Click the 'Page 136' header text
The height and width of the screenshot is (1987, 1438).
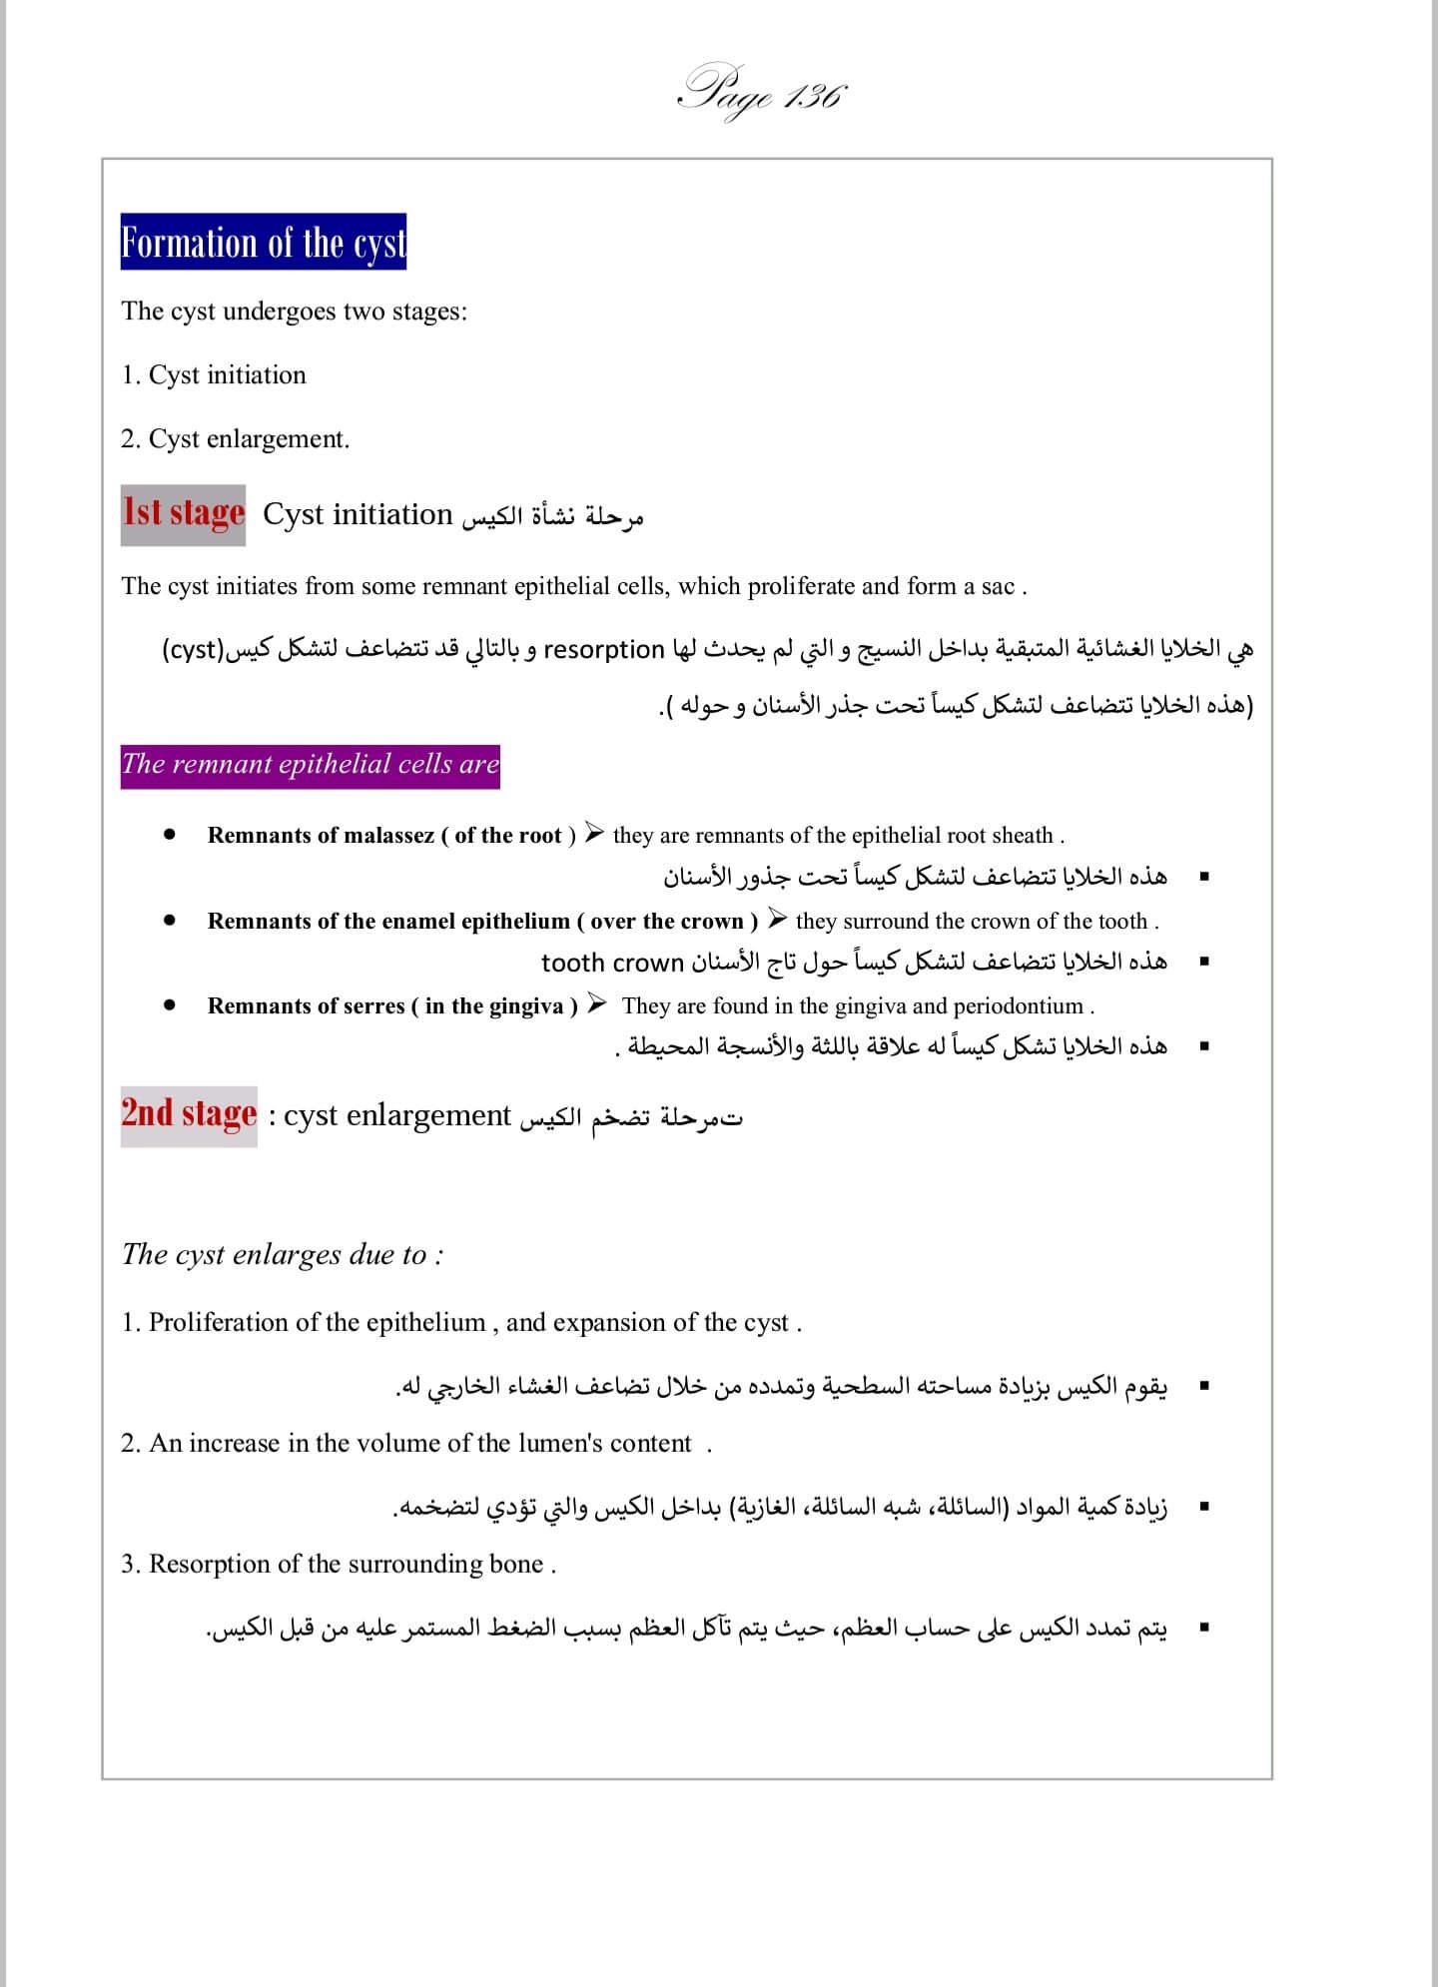point(762,93)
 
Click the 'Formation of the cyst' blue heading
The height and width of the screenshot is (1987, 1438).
point(264,242)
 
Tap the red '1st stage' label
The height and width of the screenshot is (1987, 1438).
point(184,513)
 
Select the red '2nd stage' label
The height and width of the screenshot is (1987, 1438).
point(189,1114)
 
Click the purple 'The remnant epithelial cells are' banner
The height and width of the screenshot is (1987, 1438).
point(310,765)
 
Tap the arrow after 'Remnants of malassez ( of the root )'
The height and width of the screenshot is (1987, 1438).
point(595,834)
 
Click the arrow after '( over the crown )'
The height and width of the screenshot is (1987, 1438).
point(778,920)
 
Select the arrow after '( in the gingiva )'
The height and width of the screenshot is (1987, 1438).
point(596,1004)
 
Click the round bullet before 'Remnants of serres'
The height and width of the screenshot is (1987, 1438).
point(171,1004)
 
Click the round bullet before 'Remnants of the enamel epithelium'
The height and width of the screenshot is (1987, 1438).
point(171,920)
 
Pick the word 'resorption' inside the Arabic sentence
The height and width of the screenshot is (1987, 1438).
point(603,650)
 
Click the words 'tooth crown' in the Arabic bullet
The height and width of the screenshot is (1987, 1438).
point(612,963)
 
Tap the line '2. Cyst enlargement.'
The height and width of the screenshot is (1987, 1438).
point(236,439)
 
